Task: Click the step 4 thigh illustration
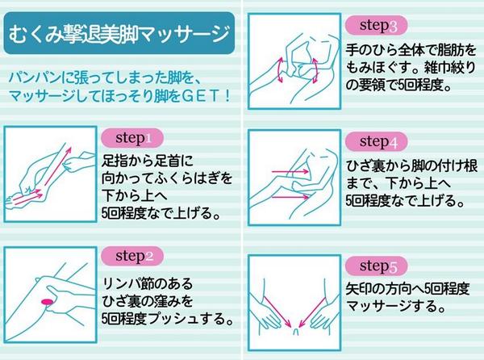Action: (294, 182)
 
